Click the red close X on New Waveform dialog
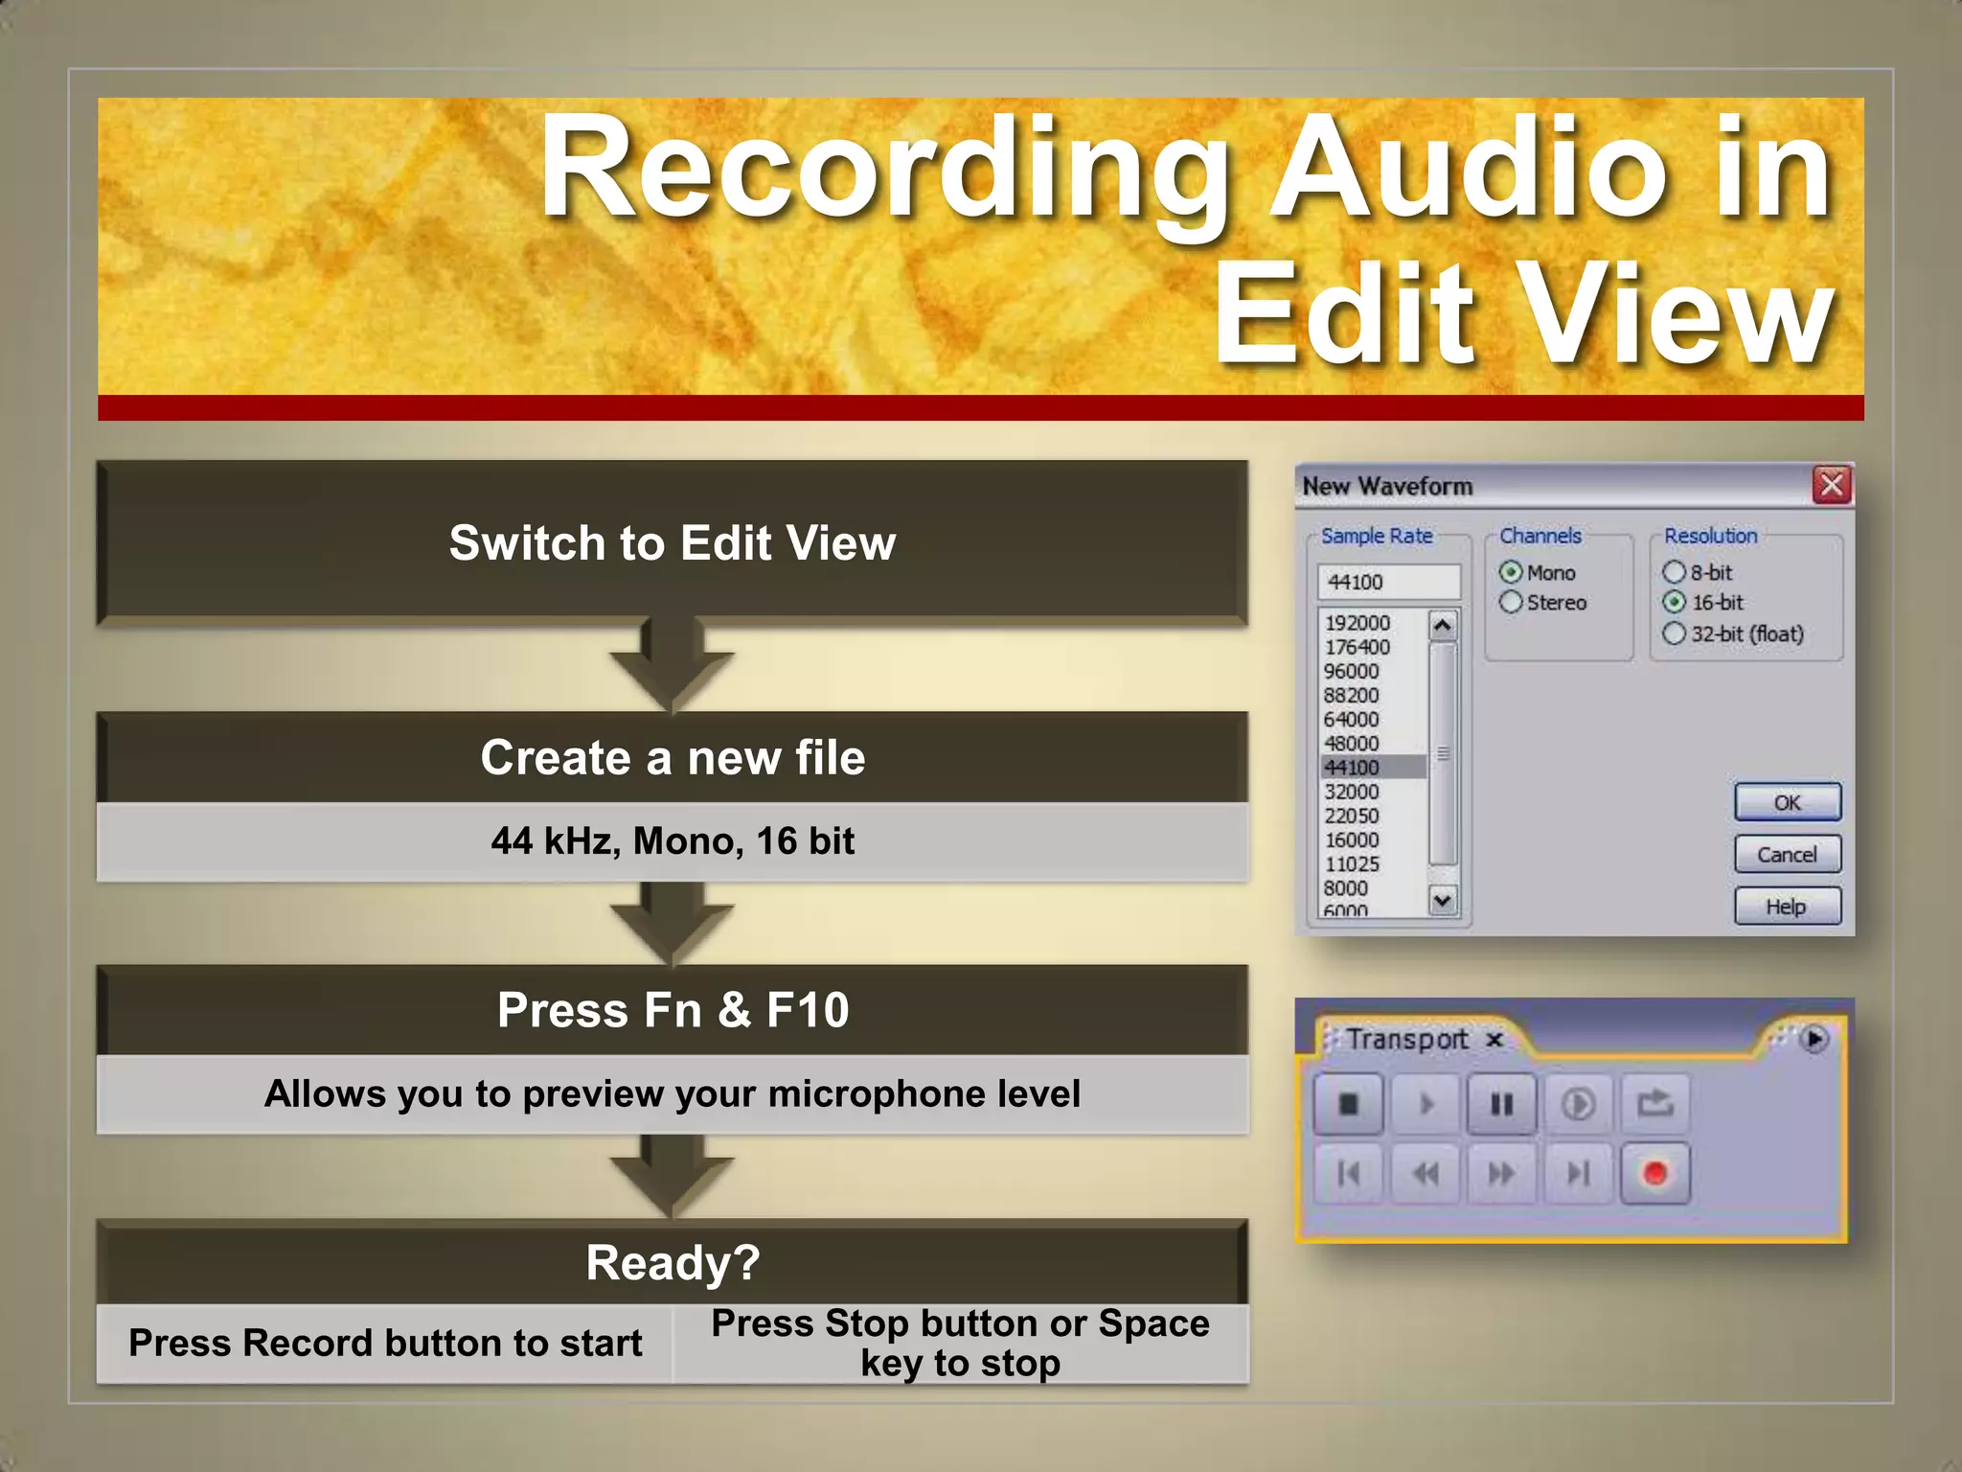point(1831,485)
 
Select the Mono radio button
point(1511,572)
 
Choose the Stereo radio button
point(1511,602)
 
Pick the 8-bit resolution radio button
point(1674,572)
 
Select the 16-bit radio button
point(1674,602)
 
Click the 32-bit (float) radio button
point(1674,633)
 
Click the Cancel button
point(1787,854)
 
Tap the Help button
point(1787,906)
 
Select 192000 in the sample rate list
point(1357,623)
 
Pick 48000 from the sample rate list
point(1352,744)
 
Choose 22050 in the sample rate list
point(1352,816)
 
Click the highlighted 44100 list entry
point(1352,768)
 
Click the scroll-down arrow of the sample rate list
point(1442,899)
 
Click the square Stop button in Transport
point(1348,1105)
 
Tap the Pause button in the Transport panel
point(1501,1105)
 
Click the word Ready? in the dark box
point(673,1262)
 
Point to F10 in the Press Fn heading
point(808,1010)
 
